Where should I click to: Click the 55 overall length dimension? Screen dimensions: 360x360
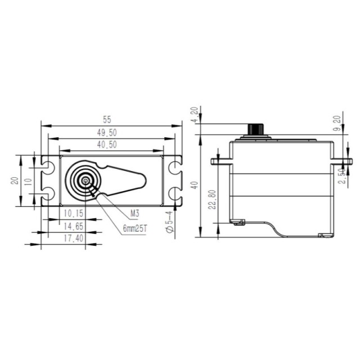107,120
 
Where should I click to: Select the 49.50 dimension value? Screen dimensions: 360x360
107,133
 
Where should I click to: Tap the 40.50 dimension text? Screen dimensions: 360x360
107,145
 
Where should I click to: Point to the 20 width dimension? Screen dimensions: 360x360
15,181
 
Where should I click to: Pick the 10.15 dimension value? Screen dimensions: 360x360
74,213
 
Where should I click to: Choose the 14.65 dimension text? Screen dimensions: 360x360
74,226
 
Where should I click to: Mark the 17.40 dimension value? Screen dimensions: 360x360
74,238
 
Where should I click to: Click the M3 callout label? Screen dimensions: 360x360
135,214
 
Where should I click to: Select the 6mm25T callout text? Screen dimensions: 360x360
135,229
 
